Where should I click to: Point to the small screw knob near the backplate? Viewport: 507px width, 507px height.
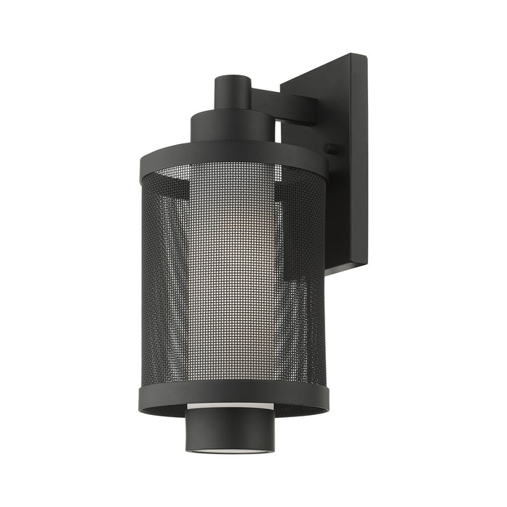(x=332, y=148)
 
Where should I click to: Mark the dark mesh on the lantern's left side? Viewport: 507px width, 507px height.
(x=163, y=290)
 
